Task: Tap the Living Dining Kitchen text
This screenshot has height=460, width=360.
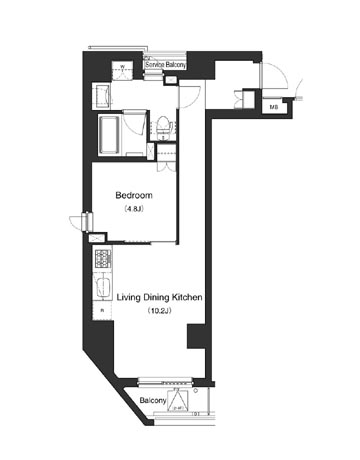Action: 161,298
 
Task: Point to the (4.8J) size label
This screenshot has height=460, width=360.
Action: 133,211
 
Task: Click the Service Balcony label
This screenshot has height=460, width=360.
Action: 164,65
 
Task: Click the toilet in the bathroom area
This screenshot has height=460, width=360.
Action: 164,126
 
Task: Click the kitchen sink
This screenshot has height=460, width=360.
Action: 101,287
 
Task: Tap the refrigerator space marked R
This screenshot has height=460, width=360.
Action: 102,311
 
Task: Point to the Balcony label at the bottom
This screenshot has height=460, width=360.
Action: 152,400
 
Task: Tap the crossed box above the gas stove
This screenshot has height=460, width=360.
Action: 97,240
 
